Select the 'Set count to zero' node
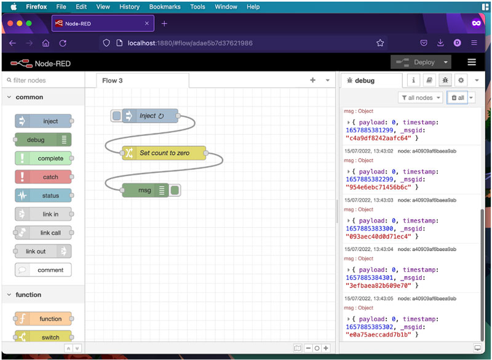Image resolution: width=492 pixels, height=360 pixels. [164, 153]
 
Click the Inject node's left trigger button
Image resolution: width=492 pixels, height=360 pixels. [116, 116]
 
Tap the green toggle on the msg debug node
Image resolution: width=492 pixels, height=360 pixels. [175, 190]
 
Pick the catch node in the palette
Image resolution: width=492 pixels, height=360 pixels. [43, 177]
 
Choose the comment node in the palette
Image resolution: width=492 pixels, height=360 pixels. [43, 270]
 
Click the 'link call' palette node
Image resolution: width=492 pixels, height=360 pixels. [43, 233]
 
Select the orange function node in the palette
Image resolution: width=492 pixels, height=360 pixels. [43, 319]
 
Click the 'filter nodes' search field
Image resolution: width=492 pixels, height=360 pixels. [43, 81]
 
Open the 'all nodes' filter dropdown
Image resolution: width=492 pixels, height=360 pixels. [421, 98]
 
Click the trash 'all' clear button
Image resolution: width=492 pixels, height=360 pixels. [458, 98]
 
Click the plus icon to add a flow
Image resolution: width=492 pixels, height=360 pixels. [312, 80]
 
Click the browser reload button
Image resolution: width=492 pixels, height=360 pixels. [63, 43]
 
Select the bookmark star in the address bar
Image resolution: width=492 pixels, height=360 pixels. [380, 43]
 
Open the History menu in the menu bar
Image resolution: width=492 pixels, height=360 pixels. [129, 7]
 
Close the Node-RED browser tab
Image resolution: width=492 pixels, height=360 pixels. [147, 23]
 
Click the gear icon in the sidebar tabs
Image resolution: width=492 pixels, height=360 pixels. [461, 81]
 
